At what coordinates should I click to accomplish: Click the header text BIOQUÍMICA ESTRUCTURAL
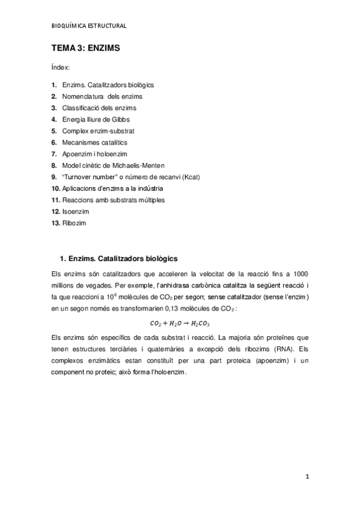88,26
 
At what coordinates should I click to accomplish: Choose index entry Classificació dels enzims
99,108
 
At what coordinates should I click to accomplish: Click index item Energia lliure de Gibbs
96,119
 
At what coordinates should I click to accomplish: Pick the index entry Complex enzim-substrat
98,131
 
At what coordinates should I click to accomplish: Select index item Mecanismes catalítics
94,142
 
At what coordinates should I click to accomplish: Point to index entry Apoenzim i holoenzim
94,153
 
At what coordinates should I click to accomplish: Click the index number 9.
54,176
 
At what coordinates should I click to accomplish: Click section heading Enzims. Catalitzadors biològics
123,259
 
